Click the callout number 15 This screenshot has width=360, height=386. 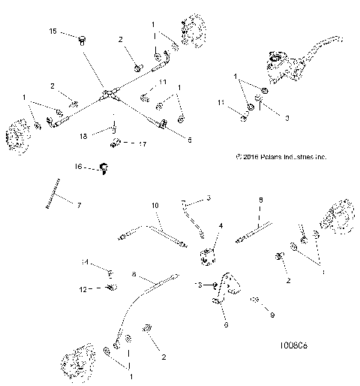[52, 31]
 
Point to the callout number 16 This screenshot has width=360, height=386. [78, 166]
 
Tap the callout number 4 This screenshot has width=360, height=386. [220, 225]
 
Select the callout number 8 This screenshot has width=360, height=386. [261, 201]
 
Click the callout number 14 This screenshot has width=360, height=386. [85, 262]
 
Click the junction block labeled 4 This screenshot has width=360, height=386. [208, 256]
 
